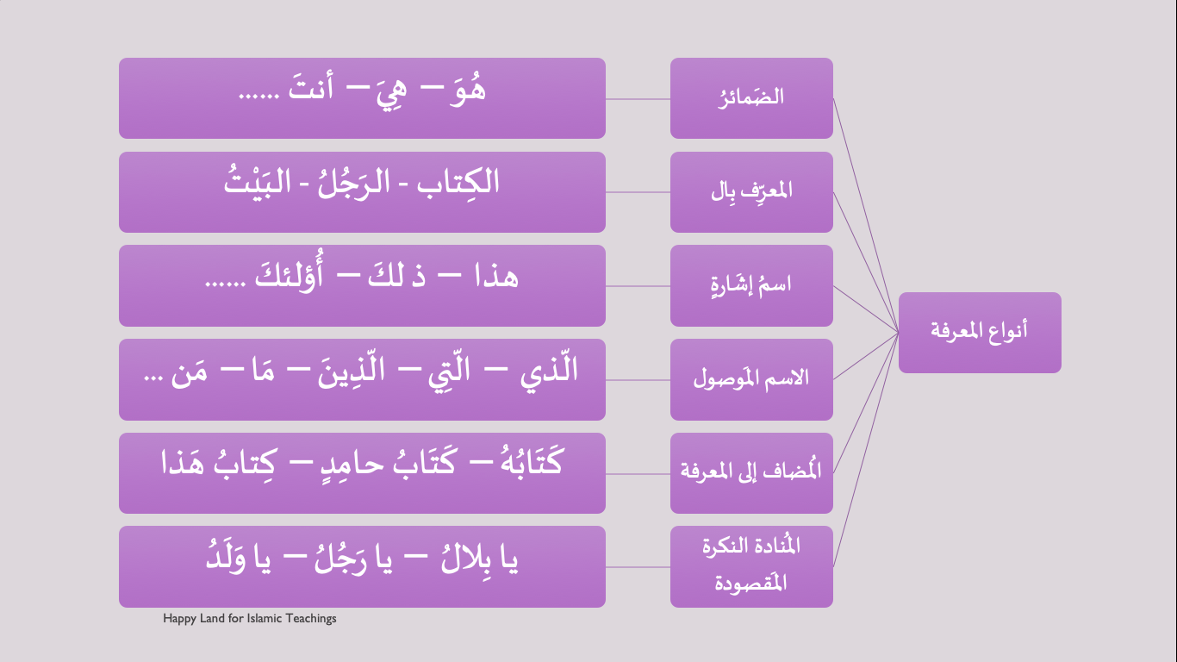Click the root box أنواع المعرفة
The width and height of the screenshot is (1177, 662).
(x=980, y=333)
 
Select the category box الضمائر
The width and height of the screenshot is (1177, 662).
(x=751, y=98)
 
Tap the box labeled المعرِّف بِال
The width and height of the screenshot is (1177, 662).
(x=751, y=192)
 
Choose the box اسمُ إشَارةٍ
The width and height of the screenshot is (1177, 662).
(x=751, y=285)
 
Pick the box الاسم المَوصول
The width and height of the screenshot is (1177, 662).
(x=751, y=379)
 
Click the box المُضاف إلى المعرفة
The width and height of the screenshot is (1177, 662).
(x=751, y=473)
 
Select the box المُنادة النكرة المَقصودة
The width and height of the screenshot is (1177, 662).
(x=751, y=567)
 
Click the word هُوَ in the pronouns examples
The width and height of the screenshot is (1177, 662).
(x=468, y=90)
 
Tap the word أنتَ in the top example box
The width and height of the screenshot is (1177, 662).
(x=310, y=87)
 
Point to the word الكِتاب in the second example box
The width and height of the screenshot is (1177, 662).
(x=458, y=182)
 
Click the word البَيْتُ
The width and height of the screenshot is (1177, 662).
(x=258, y=180)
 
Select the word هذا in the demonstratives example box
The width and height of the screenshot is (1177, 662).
(x=496, y=276)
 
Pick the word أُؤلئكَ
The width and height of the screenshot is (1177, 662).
(x=289, y=272)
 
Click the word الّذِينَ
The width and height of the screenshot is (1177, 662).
(x=351, y=370)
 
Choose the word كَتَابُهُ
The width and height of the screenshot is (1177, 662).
(x=532, y=462)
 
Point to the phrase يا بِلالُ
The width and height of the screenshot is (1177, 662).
(x=479, y=559)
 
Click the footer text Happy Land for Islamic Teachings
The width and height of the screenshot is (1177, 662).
(x=250, y=618)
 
